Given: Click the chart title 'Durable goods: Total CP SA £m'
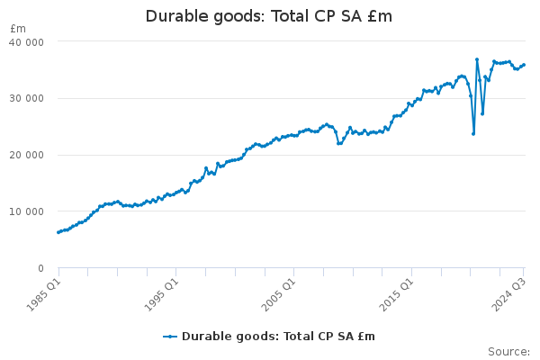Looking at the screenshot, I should [269, 17].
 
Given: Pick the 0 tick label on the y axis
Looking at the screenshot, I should [40, 268].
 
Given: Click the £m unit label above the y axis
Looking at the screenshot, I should [18, 29].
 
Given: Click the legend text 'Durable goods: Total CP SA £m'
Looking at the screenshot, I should [278, 337].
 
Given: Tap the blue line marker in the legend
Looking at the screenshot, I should [171, 337].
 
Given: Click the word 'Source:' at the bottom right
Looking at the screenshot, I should [508, 351].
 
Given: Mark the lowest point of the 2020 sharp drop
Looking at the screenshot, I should [473, 133].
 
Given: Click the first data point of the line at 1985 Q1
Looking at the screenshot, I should [58, 232].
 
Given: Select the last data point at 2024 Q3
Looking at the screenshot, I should [524, 65].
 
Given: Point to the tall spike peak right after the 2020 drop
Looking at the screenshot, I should [477, 59].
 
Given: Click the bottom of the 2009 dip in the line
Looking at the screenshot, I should [339, 143].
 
